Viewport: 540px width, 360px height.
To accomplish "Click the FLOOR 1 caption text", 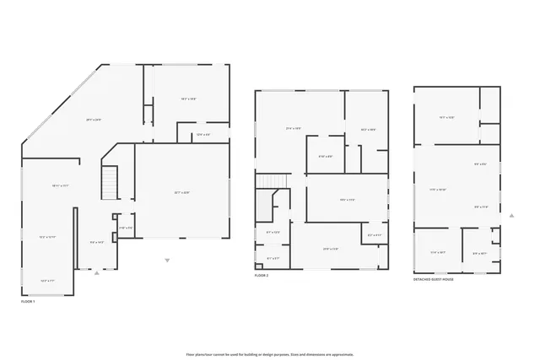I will pos(29,300).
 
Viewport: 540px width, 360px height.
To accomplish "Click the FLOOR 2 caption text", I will pos(262,276).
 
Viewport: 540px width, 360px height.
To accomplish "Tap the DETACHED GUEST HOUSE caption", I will pos(433,279).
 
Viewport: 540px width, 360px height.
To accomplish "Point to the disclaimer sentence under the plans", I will pos(270,354).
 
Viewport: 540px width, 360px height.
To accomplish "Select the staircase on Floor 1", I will pos(108,183).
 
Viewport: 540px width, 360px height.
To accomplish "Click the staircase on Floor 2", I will pos(272,182).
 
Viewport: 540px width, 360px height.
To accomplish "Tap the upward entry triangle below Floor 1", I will pos(96,273).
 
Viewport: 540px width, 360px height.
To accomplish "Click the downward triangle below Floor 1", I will pos(167,260).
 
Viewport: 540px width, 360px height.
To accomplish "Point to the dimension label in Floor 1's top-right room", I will pos(188,99).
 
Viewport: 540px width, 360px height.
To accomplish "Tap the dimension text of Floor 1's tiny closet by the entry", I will pos(125,228).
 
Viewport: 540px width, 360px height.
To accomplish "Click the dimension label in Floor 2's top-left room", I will pos(294,128).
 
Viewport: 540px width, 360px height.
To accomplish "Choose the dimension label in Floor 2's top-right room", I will pos(368,129).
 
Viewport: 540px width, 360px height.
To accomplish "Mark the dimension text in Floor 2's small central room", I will pos(325,156).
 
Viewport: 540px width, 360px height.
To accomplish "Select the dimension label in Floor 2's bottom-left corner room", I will pos(273,258).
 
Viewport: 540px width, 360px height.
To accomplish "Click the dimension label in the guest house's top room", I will pos(447,118).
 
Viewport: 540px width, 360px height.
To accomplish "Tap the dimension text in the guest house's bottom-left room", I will pos(438,252).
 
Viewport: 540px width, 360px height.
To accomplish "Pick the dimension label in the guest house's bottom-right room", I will pos(479,253).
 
